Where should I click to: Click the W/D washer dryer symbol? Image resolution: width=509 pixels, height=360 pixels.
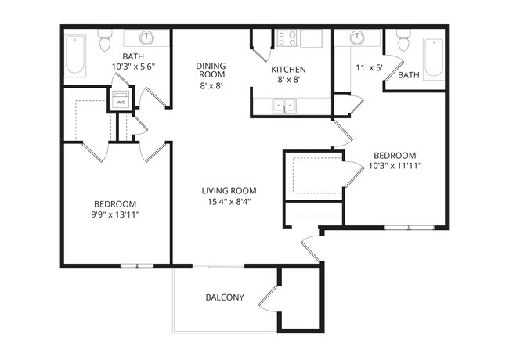pyautogui.click(x=121, y=100)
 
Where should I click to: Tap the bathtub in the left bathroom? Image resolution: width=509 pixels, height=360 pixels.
pyautogui.click(x=76, y=56)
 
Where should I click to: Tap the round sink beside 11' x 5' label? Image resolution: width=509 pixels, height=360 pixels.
pyautogui.click(x=357, y=38)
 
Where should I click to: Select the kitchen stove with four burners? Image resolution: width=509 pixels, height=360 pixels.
pyautogui.click(x=287, y=38)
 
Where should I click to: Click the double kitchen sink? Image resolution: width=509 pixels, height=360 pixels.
pyautogui.click(x=284, y=106)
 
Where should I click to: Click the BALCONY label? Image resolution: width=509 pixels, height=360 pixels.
pyautogui.click(x=225, y=297)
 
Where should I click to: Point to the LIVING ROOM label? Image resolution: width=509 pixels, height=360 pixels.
pyautogui.click(x=229, y=190)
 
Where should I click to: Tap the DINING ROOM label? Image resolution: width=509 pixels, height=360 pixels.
pyautogui.click(x=211, y=70)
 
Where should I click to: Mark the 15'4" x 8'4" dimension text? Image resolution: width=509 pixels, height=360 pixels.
pyautogui.click(x=229, y=201)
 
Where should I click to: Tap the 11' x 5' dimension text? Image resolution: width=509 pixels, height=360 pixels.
pyautogui.click(x=368, y=68)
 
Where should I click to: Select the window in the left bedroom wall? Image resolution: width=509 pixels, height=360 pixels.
pyautogui.click(x=135, y=266)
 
